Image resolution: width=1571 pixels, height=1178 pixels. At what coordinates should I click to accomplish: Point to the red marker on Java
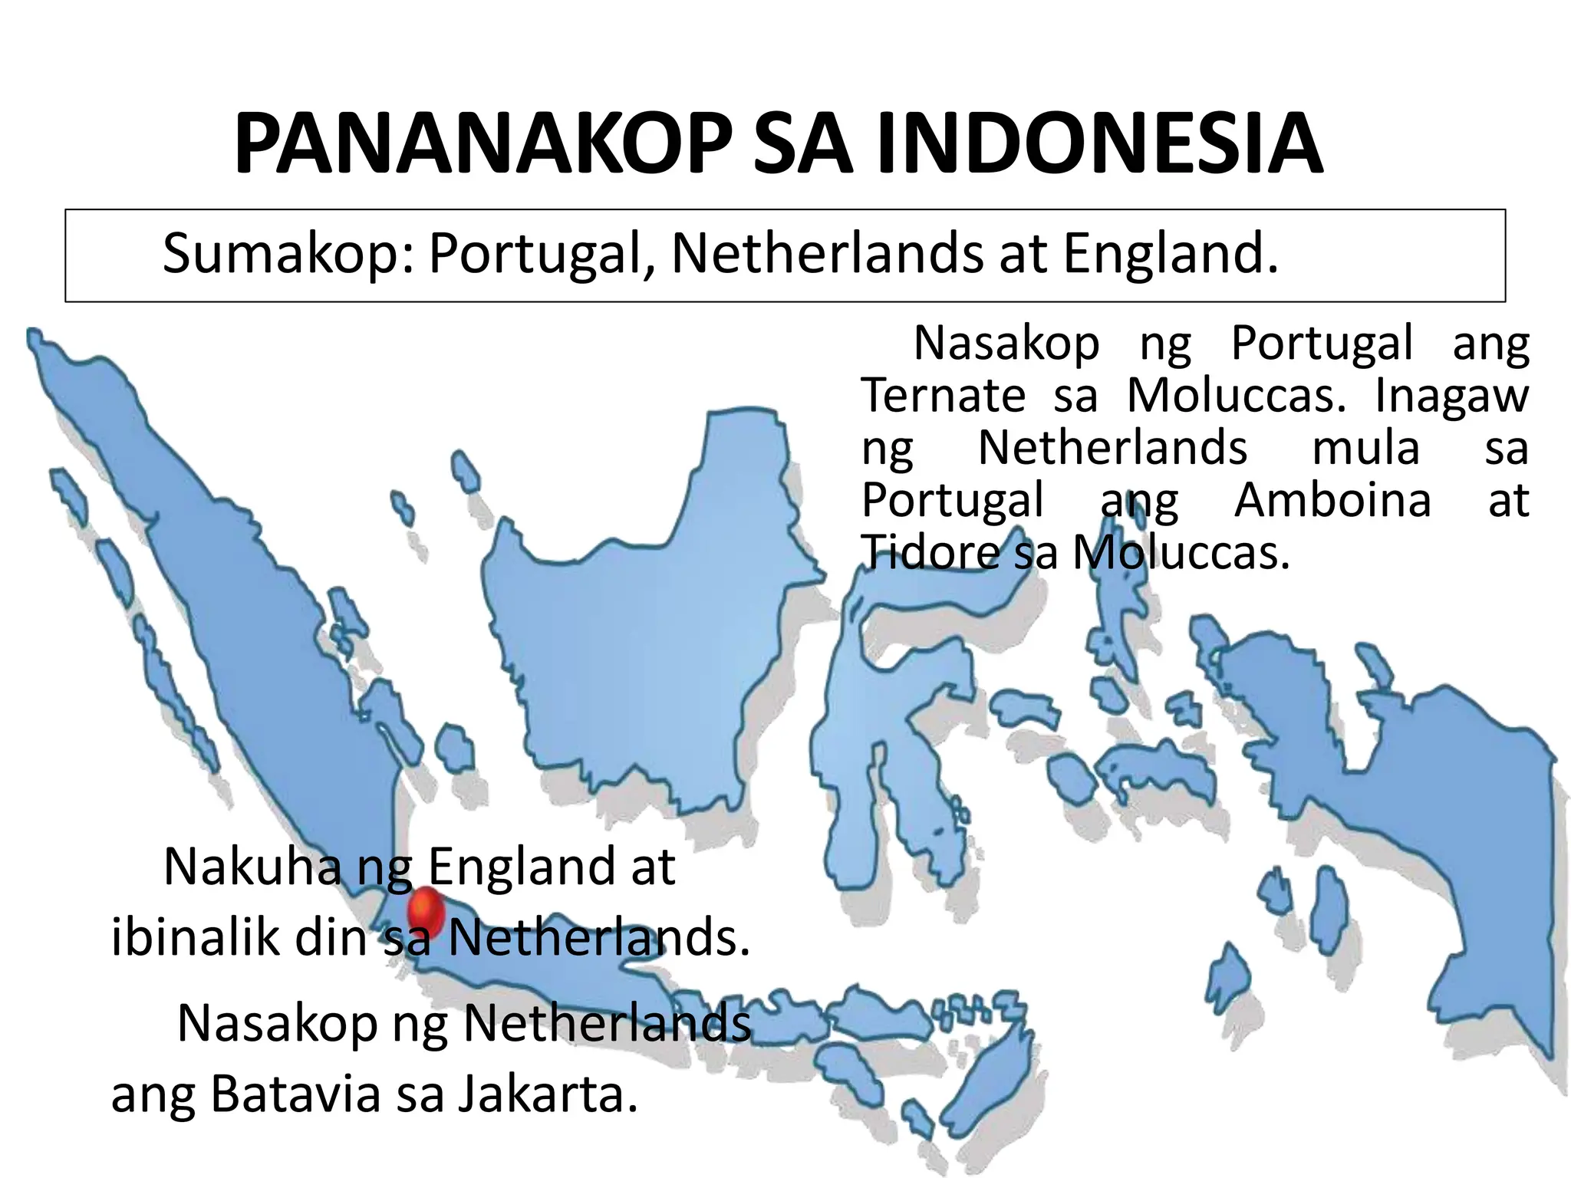click(x=426, y=912)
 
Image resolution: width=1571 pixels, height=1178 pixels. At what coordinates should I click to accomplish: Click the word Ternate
click(x=943, y=395)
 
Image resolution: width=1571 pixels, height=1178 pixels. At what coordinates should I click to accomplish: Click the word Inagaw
click(x=1451, y=397)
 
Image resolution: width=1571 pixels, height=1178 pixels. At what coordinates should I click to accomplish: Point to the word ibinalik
click(x=196, y=936)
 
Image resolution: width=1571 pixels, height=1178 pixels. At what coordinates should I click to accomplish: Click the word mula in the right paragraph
click(x=1365, y=448)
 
